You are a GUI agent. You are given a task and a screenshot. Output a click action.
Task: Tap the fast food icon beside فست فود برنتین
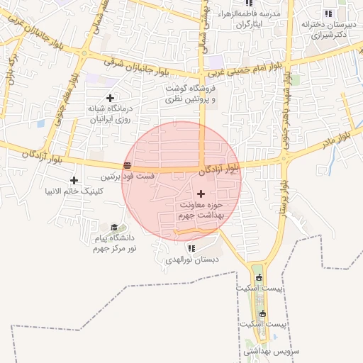[127, 165]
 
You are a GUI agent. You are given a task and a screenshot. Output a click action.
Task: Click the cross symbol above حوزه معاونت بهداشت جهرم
[201, 194]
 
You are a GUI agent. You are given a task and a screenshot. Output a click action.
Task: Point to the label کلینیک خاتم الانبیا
[74, 191]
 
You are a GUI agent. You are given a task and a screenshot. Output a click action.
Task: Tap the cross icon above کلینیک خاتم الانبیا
[74, 181]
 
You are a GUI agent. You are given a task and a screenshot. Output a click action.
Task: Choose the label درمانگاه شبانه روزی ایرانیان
[110, 114]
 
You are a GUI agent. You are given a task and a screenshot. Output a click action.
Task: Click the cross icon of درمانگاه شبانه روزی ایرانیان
[110, 98]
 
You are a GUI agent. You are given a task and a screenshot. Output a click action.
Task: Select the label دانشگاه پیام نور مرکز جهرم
[114, 244]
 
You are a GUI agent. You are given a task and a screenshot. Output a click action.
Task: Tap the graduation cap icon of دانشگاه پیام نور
[114, 227]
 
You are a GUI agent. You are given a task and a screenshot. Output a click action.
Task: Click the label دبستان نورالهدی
[189, 259]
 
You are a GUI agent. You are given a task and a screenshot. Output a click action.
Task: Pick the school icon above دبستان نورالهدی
[191, 248]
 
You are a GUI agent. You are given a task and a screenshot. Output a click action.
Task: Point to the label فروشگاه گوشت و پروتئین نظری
[190, 94]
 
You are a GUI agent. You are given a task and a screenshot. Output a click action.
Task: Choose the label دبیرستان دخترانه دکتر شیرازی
[326, 28]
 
